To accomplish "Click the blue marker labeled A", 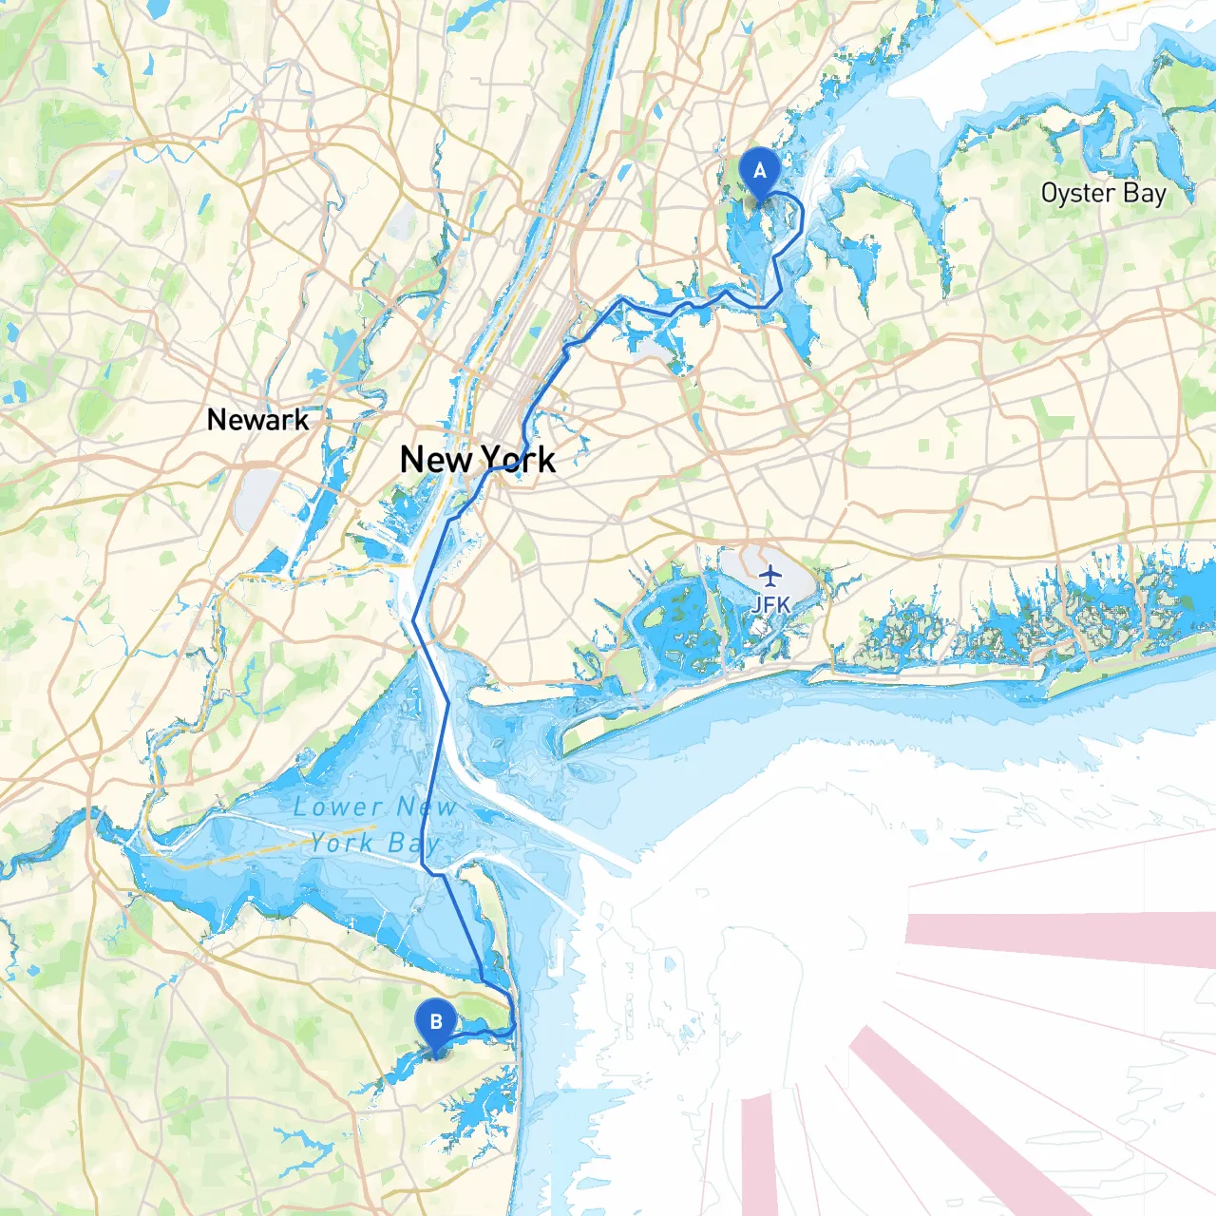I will pyautogui.click(x=759, y=173).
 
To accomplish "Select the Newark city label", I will pyautogui.click(x=257, y=420).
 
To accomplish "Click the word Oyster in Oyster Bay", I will pyautogui.click(x=1077, y=193).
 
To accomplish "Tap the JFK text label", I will pyautogui.click(x=770, y=604).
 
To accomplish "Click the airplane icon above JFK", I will pyautogui.click(x=770, y=576).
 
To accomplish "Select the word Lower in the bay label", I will pyautogui.click(x=337, y=807).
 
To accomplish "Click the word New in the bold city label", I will pyautogui.click(x=435, y=460).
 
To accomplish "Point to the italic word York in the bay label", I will pyautogui.click(x=344, y=844).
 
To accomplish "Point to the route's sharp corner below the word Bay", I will pyautogui.click(x=425, y=869).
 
